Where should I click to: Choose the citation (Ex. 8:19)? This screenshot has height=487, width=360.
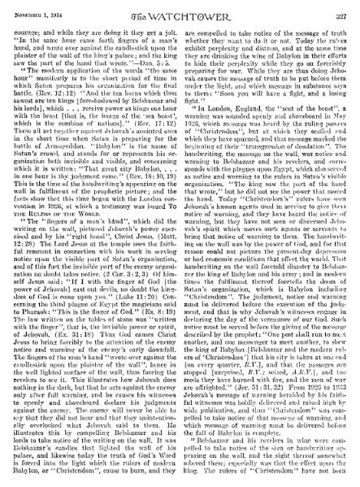(x=154, y=315)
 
